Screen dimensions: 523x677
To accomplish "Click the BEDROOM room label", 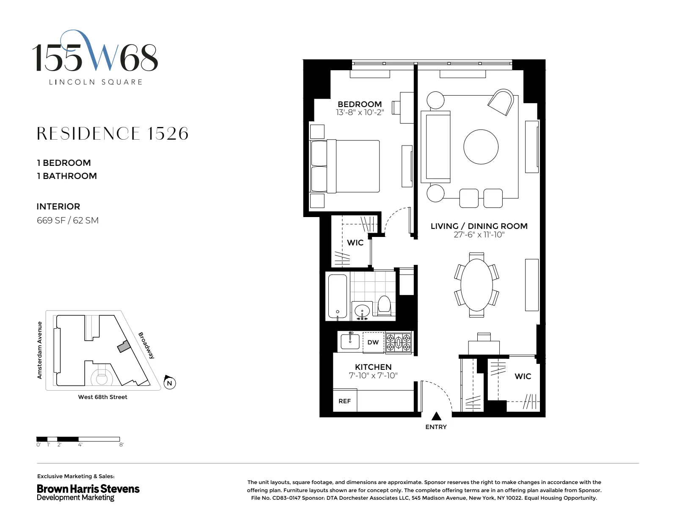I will point(359,104).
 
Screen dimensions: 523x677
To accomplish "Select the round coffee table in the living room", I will point(481,147).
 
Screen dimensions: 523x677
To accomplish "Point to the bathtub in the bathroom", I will point(338,296).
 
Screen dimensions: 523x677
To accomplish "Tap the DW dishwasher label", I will point(373,342).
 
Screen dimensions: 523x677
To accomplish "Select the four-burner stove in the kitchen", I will point(399,342).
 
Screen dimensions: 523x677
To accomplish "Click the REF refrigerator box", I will point(344,401).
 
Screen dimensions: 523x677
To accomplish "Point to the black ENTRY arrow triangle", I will point(436,416).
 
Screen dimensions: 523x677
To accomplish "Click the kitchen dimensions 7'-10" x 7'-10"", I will point(373,375).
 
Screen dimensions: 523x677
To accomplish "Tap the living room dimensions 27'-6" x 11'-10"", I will point(479,235).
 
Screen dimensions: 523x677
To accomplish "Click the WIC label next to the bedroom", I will point(355,242).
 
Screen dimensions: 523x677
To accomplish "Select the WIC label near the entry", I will point(523,376).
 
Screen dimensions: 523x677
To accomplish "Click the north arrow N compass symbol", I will point(170,383).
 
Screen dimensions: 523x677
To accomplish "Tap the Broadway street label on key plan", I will point(146,345).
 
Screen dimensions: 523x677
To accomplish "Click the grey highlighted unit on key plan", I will point(123,347).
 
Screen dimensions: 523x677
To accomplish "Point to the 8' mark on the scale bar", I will point(121,445).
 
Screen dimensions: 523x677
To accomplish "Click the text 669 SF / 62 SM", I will point(68,220).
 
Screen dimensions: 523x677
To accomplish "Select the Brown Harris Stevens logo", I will point(88,492).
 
